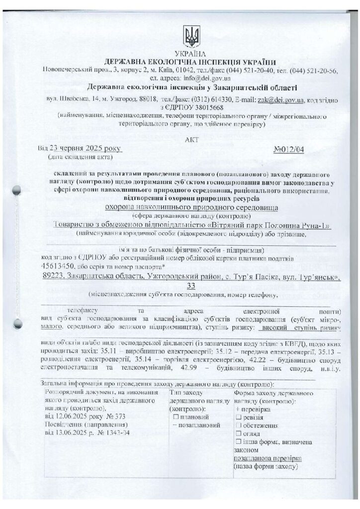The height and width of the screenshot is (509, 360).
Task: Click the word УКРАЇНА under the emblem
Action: (x=190, y=53)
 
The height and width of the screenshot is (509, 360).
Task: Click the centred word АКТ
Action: (x=190, y=140)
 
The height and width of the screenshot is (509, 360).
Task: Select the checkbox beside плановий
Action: (x=176, y=416)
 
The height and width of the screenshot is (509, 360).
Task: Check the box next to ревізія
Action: (x=239, y=417)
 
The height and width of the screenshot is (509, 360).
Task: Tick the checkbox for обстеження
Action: (x=239, y=425)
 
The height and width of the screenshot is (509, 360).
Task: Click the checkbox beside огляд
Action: (x=239, y=433)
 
